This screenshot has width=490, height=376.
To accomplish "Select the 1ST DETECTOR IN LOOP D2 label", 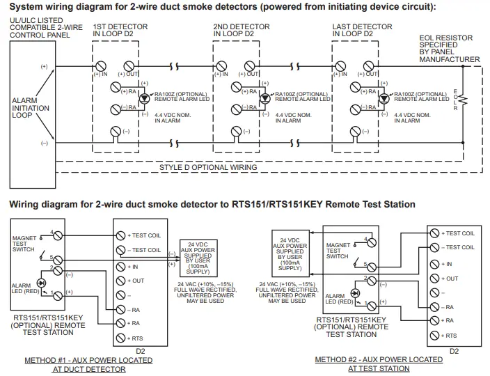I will pos(118,29).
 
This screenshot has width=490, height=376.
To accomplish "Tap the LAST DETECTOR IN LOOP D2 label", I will pos(358,29).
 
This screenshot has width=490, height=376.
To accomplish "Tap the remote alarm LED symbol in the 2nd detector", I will pos(264,98).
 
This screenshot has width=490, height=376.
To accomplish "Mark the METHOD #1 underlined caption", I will pos(88,364).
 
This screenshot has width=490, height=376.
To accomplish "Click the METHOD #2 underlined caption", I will pos(379,363).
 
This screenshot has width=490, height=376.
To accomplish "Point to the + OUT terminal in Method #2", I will pos(435,278).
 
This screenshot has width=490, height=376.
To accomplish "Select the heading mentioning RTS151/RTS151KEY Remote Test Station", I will pos(212,204).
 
